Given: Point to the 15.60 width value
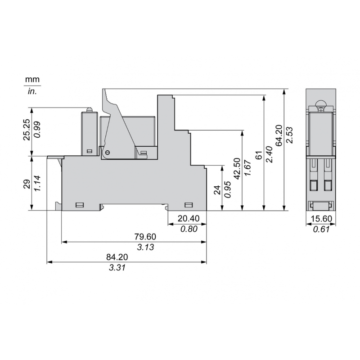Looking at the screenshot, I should [321, 218].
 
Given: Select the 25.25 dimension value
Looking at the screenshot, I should [27, 130].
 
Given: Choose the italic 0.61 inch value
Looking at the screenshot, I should [321, 229].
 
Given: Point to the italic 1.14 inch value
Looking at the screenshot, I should [38, 184].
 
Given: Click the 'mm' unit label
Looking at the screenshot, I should [32, 80].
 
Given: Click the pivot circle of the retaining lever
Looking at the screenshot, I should [107, 153].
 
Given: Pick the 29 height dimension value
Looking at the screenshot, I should [27, 184].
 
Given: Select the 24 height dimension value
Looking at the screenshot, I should [216, 190].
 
